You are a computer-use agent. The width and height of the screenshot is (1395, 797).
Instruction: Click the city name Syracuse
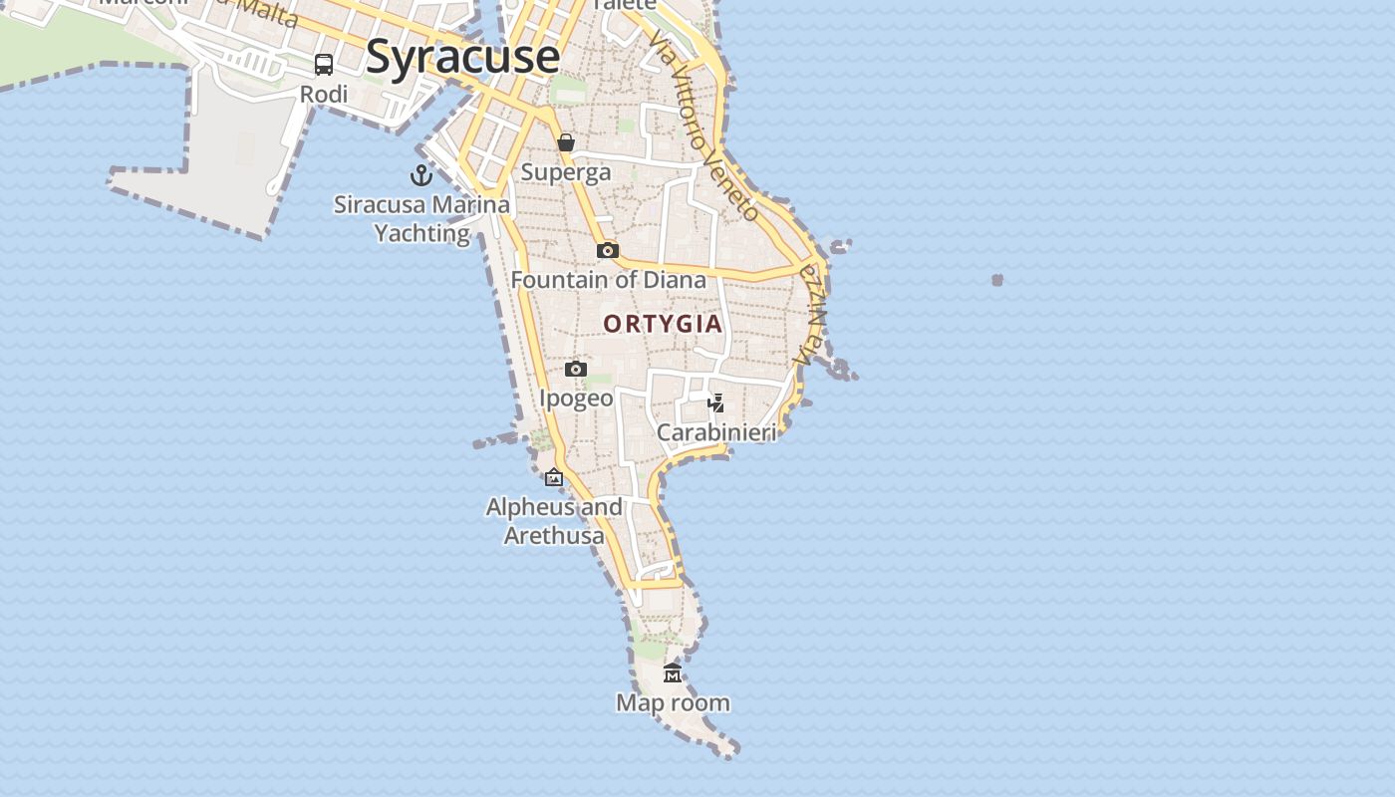[x=462, y=56]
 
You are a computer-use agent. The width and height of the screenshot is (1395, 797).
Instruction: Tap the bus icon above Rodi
[x=324, y=65]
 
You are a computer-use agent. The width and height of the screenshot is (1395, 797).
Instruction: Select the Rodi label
[x=325, y=95]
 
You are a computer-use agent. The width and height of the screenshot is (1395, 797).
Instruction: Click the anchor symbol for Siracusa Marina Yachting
[x=421, y=175]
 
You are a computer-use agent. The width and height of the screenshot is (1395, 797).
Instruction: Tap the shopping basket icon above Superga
[x=566, y=142]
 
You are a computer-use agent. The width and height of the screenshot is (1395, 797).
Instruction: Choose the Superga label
[x=566, y=172]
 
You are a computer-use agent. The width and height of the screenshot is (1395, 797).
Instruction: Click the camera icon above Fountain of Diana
[x=608, y=250]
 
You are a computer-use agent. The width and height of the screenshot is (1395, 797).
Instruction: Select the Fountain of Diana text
[x=608, y=280]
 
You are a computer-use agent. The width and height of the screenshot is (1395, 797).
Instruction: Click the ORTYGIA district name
[x=663, y=324]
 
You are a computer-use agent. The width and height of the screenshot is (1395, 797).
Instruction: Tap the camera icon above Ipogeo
[x=576, y=370]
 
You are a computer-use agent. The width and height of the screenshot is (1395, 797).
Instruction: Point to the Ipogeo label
[x=576, y=398]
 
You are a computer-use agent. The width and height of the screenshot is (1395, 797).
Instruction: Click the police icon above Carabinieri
[x=715, y=403]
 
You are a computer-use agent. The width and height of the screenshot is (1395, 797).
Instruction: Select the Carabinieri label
[x=715, y=433]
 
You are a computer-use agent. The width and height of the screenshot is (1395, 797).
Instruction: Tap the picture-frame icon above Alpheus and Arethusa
[x=554, y=478]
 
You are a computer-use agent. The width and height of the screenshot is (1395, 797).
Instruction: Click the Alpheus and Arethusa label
[x=554, y=521]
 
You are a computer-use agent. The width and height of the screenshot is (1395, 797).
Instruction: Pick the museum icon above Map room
[x=673, y=673]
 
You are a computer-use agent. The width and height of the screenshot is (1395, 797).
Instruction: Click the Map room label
[x=673, y=703]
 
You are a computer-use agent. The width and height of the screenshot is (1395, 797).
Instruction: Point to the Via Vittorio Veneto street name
[x=703, y=125]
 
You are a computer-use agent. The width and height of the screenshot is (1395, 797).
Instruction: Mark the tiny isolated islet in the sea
[x=997, y=280]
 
